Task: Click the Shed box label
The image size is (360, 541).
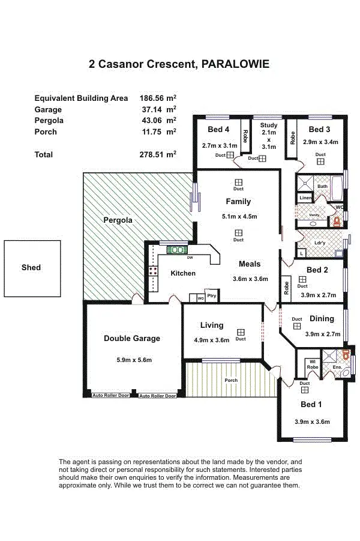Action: [x=31, y=267]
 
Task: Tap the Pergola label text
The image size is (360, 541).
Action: [x=117, y=220]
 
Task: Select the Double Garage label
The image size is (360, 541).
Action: [x=132, y=339]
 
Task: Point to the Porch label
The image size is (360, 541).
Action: [x=231, y=380]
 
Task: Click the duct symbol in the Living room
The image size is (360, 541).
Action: [x=241, y=332]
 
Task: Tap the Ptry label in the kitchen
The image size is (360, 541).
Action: [x=211, y=296]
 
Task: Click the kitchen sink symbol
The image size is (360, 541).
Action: [x=178, y=250]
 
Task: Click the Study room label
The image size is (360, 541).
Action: [x=269, y=125]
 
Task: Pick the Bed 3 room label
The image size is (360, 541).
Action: [x=319, y=130]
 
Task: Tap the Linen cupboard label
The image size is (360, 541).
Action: [x=305, y=198]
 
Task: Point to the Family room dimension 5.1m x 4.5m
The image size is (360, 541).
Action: [x=238, y=217]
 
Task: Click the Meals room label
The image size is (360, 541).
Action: [x=250, y=264]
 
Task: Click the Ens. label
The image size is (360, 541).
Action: [x=337, y=367]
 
